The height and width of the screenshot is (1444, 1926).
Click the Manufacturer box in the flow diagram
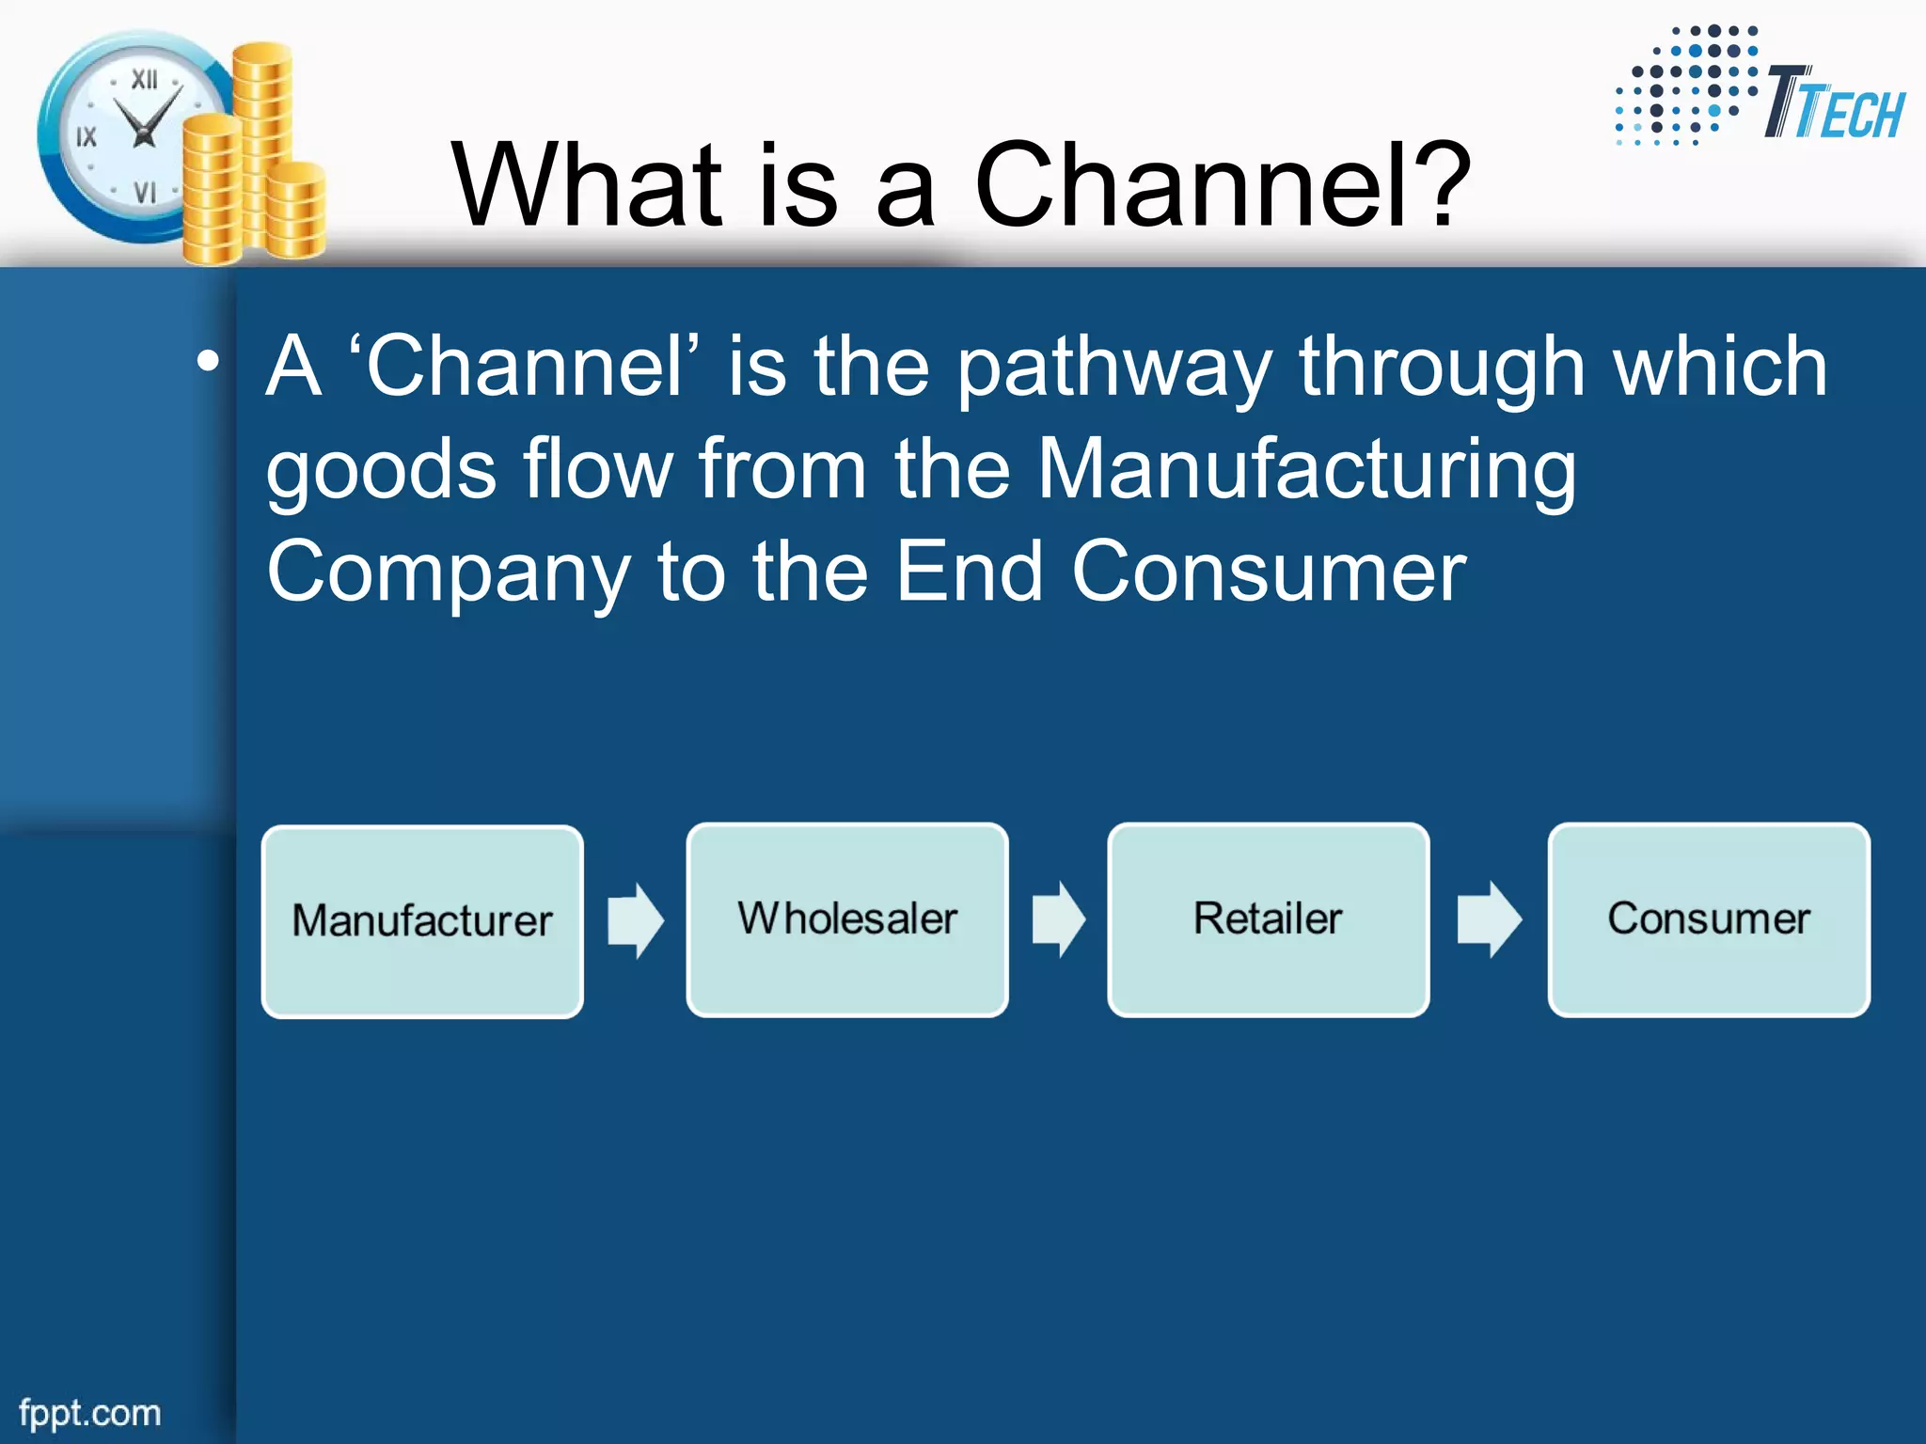[x=422, y=921]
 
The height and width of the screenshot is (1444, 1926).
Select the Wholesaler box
[x=847, y=919]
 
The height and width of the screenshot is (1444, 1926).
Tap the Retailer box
[x=1269, y=919]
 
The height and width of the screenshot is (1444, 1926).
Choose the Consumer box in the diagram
[x=1709, y=919]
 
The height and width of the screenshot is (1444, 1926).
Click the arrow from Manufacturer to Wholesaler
[x=636, y=920]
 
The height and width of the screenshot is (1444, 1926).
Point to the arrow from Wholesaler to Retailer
[x=1059, y=919]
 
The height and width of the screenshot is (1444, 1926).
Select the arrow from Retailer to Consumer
[x=1489, y=919]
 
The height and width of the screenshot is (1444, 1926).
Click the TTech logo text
[x=1834, y=105]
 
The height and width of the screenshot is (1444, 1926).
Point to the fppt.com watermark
[x=90, y=1413]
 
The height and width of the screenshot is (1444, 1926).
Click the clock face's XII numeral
[x=144, y=80]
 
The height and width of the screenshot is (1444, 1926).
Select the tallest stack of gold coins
[x=262, y=141]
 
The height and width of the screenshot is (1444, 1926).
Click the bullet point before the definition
[x=209, y=362]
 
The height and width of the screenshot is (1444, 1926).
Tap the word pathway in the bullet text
[x=1115, y=369]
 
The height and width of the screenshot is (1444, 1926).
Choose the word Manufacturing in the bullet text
[x=1306, y=470]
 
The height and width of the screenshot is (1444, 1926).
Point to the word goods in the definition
[x=381, y=470]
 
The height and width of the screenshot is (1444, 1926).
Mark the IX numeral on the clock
[x=87, y=137]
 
